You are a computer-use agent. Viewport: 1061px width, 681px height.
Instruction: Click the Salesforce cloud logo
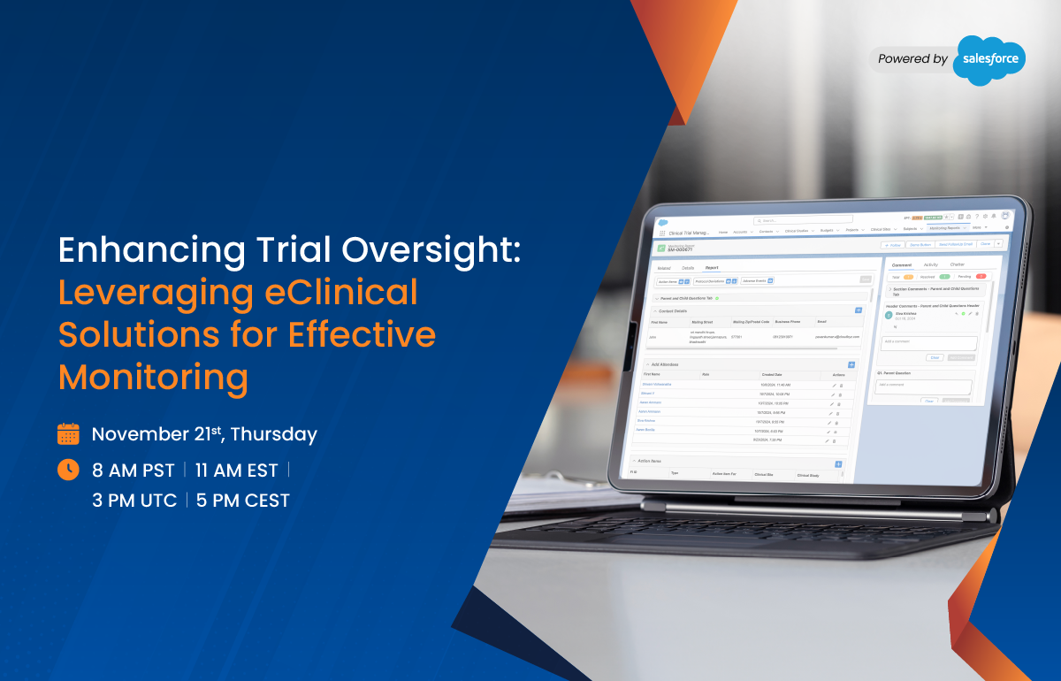point(989,60)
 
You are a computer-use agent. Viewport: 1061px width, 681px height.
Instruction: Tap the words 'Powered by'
point(912,59)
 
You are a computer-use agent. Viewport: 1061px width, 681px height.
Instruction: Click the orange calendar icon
point(68,434)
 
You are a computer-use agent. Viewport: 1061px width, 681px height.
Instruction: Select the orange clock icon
point(68,470)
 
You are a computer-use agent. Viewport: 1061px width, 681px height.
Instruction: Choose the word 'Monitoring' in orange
point(153,377)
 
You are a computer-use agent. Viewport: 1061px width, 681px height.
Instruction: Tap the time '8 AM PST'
point(134,471)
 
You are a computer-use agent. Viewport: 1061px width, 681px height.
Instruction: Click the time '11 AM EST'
point(236,471)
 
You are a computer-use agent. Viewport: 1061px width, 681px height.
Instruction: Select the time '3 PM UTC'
point(134,501)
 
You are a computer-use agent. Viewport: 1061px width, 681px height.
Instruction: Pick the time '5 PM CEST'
point(243,501)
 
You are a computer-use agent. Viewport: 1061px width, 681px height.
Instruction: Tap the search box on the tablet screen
point(803,219)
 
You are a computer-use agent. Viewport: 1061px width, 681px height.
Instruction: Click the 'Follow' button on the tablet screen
point(892,244)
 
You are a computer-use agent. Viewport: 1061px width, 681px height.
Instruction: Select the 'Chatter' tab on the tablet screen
point(958,264)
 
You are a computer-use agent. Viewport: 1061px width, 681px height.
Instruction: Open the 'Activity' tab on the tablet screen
point(931,264)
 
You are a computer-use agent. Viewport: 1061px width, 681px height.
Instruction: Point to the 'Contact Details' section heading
point(673,311)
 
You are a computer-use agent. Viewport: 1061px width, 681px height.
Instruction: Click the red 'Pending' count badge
point(981,277)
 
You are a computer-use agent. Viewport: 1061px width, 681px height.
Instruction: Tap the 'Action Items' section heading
point(647,462)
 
